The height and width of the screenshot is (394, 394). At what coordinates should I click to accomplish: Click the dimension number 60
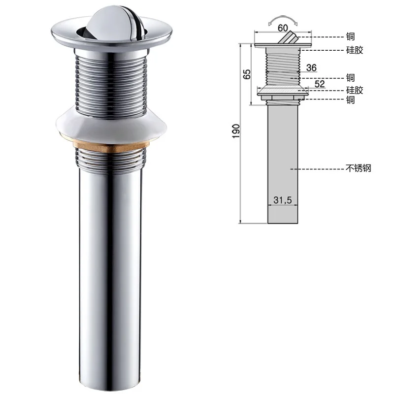pyautogui.click(x=283, y=28)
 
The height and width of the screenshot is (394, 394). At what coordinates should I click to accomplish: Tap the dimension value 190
pyautogui.click(x=236, y=131)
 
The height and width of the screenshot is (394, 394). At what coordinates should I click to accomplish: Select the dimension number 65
pyautogui.click(x=247, y=74)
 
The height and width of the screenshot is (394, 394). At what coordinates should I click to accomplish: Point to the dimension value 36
pyautogui.click(x=311, y=67)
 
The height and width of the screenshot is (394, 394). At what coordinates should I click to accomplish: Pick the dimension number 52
pyautogui.click(x=319, y=84)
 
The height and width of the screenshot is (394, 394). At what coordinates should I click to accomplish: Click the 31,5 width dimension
pyautogui.click(x=283, y=200)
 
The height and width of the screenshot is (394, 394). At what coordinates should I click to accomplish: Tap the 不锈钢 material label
pyautogui.click(x=359, y=168)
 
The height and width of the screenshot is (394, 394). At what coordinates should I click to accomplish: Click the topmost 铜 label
pyautogui.click(x=350, y=36)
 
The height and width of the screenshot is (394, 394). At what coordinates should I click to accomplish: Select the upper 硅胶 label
pyautogui.click(x=355, y=50)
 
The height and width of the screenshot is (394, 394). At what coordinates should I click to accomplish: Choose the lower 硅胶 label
pyautogui.click(x=355, y=90)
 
